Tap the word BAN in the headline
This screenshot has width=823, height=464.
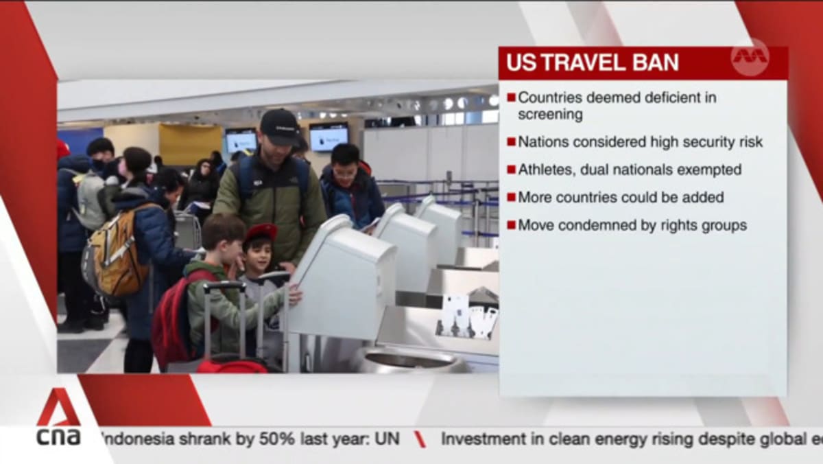coord(655,63)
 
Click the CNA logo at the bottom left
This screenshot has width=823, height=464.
coord(59,417)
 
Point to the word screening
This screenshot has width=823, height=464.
coord(550,115)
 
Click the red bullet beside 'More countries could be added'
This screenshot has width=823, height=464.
coord(511,198)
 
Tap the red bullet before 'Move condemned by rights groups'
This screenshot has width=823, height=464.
coord(511,225)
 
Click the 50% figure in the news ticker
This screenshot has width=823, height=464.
coord(277,439)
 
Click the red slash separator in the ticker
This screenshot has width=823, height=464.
coord(420,439)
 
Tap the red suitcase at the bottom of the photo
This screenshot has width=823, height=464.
coord(232,365)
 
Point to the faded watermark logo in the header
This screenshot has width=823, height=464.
coord(750,57)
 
